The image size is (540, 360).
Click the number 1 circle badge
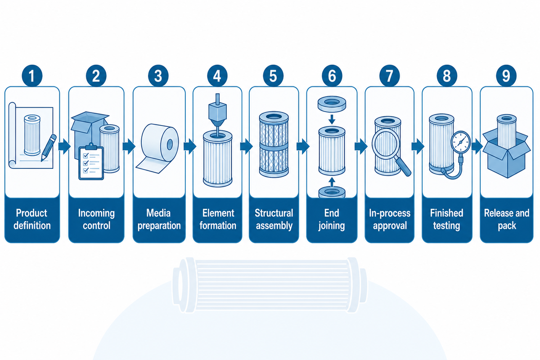[32, 76]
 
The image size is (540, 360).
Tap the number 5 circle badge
[273, 76]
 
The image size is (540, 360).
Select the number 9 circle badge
[506, 76]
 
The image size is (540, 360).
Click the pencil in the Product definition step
[49, 148]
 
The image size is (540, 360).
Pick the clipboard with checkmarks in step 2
[91, 162]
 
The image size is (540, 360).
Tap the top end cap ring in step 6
[332, 104]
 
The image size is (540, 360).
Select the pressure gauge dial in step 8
[461, 142]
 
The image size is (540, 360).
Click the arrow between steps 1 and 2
[64, 146]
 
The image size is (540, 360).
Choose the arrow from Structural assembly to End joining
[303, 146]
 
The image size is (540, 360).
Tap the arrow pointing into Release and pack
[477, 146]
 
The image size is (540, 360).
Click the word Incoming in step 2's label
[96, 213]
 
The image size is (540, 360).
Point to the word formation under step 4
[218, 226]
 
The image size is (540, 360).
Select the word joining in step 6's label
[332, 226]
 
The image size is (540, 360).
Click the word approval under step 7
[390, 226]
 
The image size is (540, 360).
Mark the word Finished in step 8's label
[446, 213]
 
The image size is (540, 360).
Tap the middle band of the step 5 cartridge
[274, 147]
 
